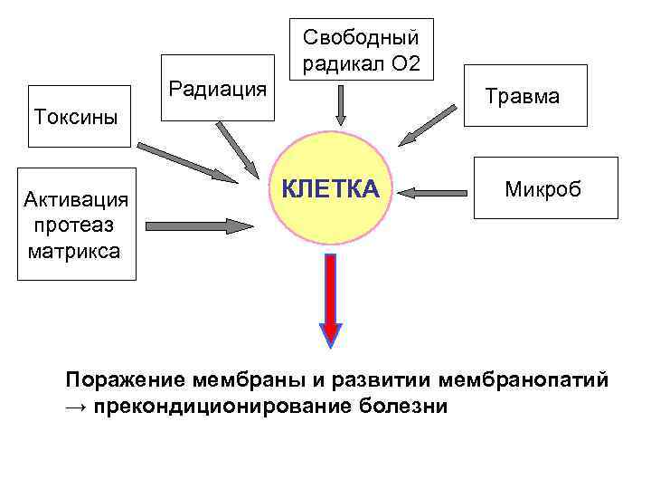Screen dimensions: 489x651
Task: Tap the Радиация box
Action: click(x=217, y=89)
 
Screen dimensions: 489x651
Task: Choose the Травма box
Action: click(x=523, y=95)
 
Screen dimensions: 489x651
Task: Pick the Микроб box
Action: click(x=543, y=189)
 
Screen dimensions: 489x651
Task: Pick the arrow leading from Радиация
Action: click(x=238, y=146)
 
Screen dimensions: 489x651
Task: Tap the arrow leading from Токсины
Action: click(x=185, y=159)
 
